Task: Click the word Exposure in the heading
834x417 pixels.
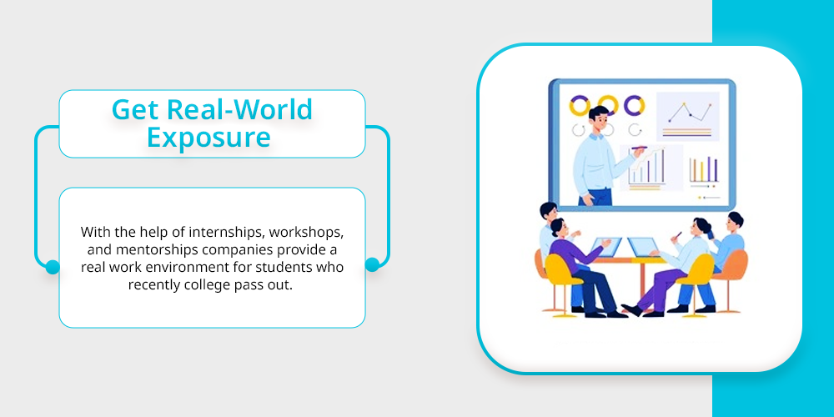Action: click(209, 137)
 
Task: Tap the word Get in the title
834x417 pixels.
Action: click(135, 110)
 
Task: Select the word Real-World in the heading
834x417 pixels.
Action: click(239, 109)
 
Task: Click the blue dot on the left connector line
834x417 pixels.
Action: click(53, 267)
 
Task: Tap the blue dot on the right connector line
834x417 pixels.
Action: click(372, 264)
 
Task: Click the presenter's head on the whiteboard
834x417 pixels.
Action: click(598, 119)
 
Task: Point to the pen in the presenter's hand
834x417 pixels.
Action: click(641, 148)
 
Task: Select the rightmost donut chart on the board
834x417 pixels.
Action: click(635, 105)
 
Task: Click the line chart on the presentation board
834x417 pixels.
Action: click(690, 112)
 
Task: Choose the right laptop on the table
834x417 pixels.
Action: click(644, 247)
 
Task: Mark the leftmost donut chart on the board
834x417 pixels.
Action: click(580, 105)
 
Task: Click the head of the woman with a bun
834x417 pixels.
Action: click(701, 228)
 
